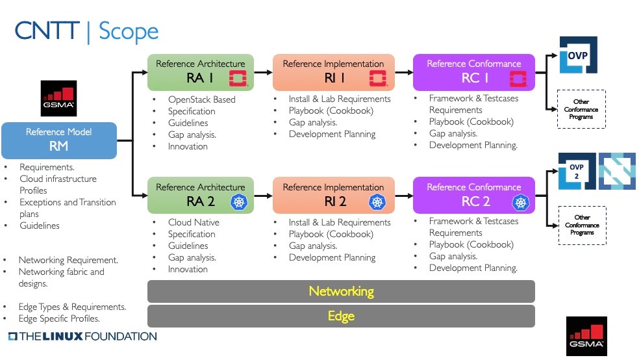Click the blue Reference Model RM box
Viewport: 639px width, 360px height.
(x=58, y=140)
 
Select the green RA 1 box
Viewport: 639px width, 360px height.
(x=200, y=72)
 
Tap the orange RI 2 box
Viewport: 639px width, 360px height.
(x=333, y=195)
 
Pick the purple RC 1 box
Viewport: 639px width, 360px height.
(x=473, y=72)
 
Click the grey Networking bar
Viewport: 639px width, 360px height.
(x=341, y=291)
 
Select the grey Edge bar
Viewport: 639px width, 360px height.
(x=341, y=316)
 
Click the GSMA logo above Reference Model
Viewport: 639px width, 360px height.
(x=58, y=98)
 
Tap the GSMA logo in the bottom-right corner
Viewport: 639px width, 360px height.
(x=586, y=335)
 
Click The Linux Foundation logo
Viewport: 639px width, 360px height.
(x=82, y=337)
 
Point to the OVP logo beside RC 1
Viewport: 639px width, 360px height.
(x=577, y=55)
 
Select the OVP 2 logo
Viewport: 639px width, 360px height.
(x=576, y=172)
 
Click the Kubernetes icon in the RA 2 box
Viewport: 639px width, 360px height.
(x=238, y=202)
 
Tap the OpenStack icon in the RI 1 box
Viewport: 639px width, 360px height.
(x=377, y=79)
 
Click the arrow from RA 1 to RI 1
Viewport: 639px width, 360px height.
(x=262, y=72)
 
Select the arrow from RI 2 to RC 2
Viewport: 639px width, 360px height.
(x=403, y=195)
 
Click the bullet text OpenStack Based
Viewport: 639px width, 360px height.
(x=201, y=99)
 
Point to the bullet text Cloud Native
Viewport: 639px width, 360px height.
(x=194, y=222)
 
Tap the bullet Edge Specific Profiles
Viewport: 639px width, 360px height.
(x=59, y=318)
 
